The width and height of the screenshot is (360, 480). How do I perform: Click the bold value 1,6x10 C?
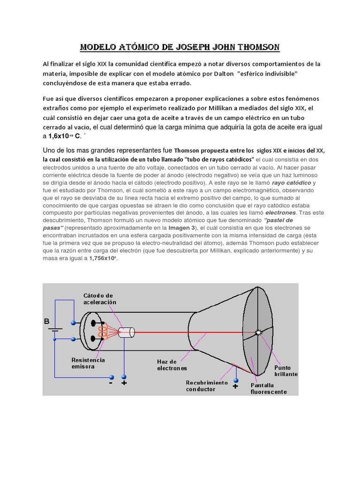[x=64, y=136]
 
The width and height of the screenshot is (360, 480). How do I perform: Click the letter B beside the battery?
[x=46, y=322]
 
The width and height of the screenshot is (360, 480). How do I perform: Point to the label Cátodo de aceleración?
[x=99, y=299]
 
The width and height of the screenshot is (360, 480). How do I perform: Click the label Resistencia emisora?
[x=88, y=363]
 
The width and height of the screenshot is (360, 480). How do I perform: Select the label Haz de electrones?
[x=172, y=365]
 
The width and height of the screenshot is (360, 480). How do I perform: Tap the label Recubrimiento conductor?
[x=206, y=386]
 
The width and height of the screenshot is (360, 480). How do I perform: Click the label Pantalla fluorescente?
[x=268, y=388]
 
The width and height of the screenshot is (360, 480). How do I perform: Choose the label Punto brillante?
[x=286, y=371]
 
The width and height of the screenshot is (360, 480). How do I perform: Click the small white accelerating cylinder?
[x=126, y=332]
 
